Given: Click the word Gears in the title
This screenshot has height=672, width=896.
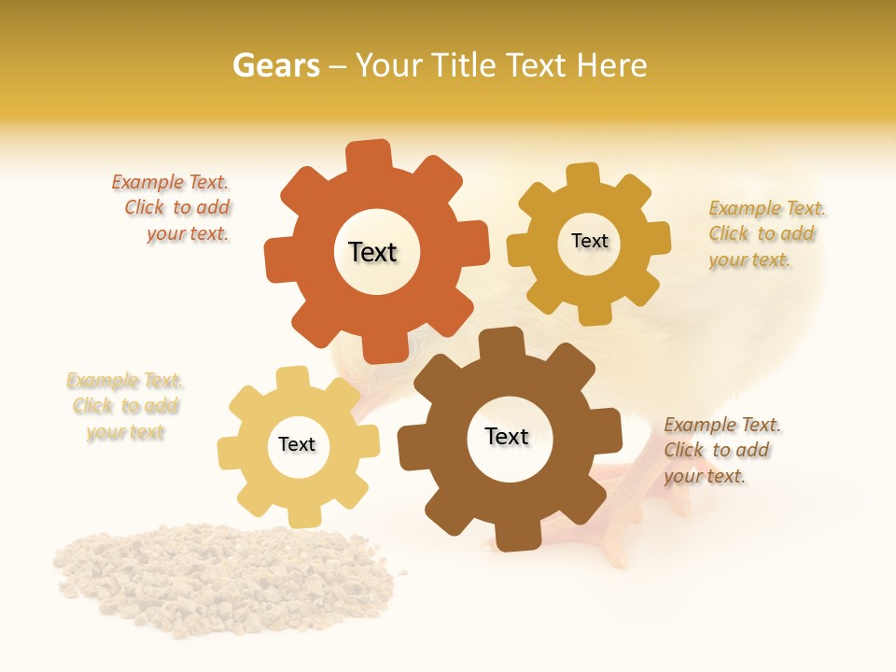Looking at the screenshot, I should (275, 65).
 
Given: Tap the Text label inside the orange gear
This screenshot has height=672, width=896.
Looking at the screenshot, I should (372, 252).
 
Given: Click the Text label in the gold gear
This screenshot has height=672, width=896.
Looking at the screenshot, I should (589, 241).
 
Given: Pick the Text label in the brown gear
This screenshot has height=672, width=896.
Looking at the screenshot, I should (507, 436).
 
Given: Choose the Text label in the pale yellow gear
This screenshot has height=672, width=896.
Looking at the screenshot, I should (297, 444).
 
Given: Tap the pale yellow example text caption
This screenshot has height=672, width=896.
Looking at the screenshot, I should (125, 407).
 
